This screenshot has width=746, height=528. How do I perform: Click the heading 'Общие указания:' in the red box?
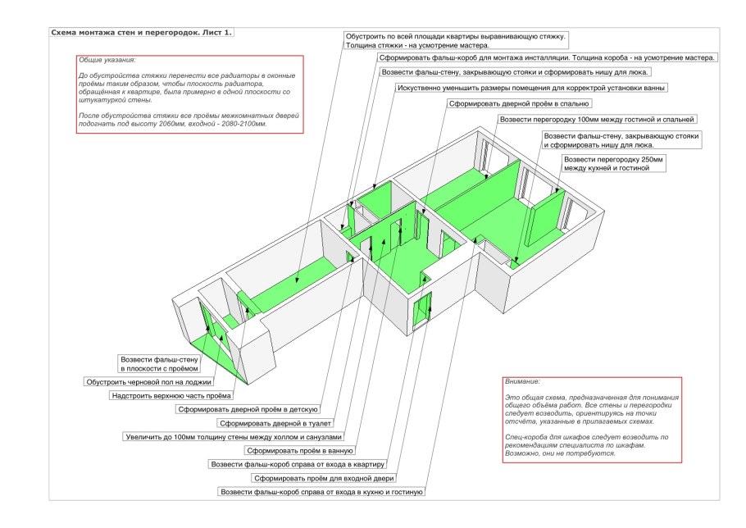[x=107, y=61]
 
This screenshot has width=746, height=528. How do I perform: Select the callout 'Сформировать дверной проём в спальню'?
[x=519, y=104]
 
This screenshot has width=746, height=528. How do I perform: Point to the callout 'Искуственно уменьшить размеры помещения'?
[x=531, y=88]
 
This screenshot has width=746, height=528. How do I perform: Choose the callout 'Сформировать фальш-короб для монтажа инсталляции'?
[x=547, y=58]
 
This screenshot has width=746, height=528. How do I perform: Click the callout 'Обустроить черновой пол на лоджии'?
[x=149, y=382]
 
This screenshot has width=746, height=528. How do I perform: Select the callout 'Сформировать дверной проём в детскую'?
[x=247, y=409]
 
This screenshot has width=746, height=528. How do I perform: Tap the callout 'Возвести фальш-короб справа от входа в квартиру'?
[x=303, y=464]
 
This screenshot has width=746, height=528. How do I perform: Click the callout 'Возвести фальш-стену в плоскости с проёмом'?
[x=159, y=364]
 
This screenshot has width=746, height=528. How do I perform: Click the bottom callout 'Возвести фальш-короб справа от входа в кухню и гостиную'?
[x=321, y=492]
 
